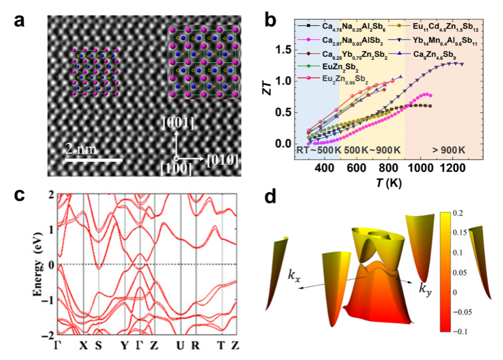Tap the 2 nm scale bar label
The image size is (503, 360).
tap(81, 150)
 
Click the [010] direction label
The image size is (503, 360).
tap(221, 160)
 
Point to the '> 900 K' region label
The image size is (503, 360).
tap(449, 150)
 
